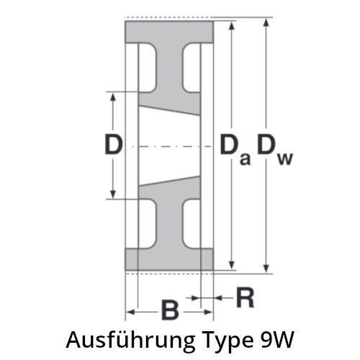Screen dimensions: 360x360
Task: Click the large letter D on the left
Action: point(114,145)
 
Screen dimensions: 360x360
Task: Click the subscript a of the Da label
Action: point(245,159)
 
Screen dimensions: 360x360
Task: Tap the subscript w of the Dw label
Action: point(285,159)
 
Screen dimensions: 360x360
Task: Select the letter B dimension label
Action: point(170,310)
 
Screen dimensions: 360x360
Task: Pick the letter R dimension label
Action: point(245,297)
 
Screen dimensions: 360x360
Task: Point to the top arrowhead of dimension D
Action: point(112,96)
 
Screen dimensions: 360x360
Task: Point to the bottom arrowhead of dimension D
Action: point(112,194)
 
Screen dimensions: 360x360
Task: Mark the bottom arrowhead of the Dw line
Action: point(266,269)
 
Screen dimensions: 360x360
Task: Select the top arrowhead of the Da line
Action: point(231,25)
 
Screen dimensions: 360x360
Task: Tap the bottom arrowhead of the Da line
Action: point(231,266)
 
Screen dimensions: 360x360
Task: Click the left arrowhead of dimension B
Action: point(130,312)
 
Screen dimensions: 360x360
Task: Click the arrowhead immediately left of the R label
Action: point(218,298)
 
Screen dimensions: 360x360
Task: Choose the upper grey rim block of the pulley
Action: point(169,32)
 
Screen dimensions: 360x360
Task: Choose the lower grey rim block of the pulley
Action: point(169,259)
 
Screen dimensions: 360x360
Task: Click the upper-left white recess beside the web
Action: point(148,68)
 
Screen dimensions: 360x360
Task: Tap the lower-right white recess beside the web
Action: point(192,224)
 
